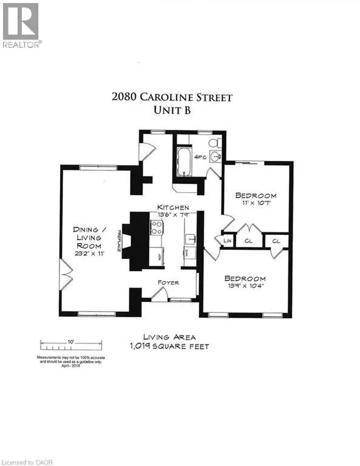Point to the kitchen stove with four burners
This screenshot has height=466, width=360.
(157, 228)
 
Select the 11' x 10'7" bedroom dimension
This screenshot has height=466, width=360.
(256, 205)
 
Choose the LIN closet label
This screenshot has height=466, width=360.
(228, 241)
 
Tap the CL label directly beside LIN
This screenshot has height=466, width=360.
(249, 241)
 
